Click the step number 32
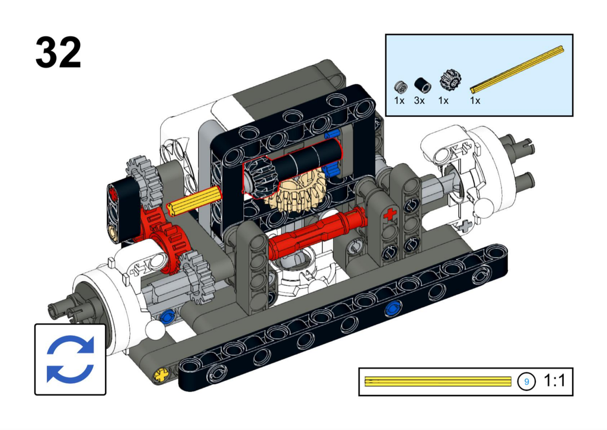[58, 53]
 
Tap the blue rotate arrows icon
[70, 359]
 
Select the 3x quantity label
[419, 101]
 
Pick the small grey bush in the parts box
[401, 86]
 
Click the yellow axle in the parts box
[517, 69]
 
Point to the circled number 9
[526, 381]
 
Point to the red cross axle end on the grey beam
[389, 215]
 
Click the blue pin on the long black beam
[392, 308]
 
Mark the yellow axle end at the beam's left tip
[160, 374]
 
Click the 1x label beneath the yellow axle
[475, 101]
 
